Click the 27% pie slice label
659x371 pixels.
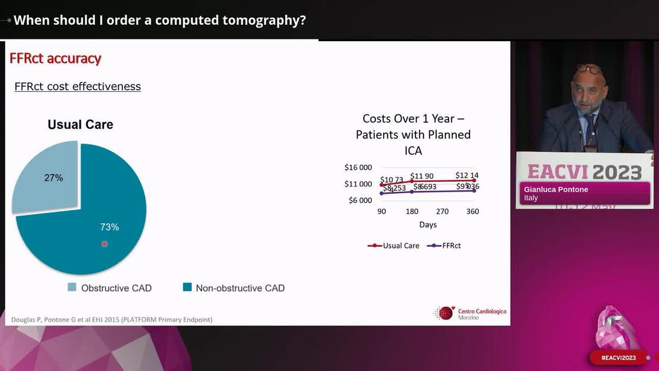[54, 177]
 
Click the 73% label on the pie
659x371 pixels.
[109, 227]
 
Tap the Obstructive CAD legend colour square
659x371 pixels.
[72, 287]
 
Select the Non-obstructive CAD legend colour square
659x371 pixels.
[187, 287]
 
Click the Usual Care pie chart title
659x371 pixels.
[80, 125]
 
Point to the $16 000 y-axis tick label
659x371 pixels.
[358, 167]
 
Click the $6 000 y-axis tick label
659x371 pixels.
[360, 200]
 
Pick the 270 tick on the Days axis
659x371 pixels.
[442, 211]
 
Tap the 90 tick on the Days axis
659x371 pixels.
[382, 211]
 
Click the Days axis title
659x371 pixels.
[428, 225]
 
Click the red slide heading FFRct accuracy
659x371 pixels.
[55, 58]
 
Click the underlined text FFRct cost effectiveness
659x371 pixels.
[78, 87]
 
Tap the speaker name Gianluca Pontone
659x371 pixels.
[556, 190]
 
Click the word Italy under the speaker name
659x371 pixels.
[531, 198]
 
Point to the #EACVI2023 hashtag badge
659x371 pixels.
[618, 357]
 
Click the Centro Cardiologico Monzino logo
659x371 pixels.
[470, 313]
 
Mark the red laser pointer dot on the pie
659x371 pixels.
[105, 244]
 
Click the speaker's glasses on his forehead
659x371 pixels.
[589, 69]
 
